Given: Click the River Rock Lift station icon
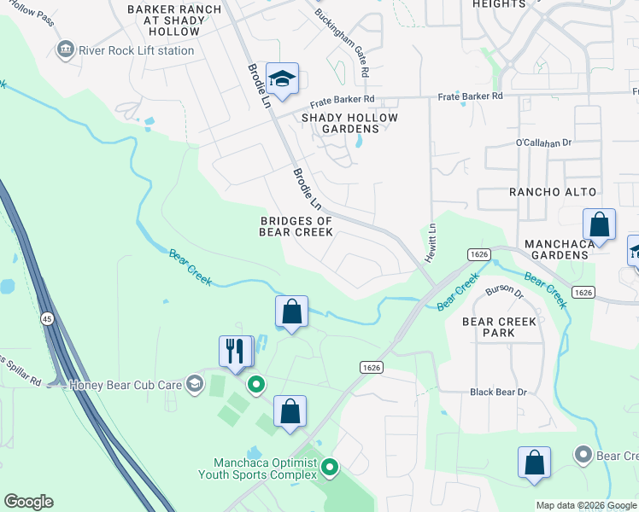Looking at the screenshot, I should [x=65, y=50].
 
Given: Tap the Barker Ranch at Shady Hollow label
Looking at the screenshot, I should [x=174, y=20].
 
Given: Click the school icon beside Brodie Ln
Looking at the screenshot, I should [x=281, y=79].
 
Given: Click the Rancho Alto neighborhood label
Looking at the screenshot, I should [x=553, y=192].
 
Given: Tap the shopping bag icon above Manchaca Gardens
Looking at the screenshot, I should [x=600, y=225].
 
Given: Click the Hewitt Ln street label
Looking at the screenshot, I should [x=432, y=243].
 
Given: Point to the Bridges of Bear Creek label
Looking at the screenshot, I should [x=296, y=226].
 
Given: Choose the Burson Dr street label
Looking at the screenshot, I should [x=503, y=291].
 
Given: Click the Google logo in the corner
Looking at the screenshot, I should [x=28, y=502].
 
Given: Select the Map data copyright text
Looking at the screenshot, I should [x=586, y=505].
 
